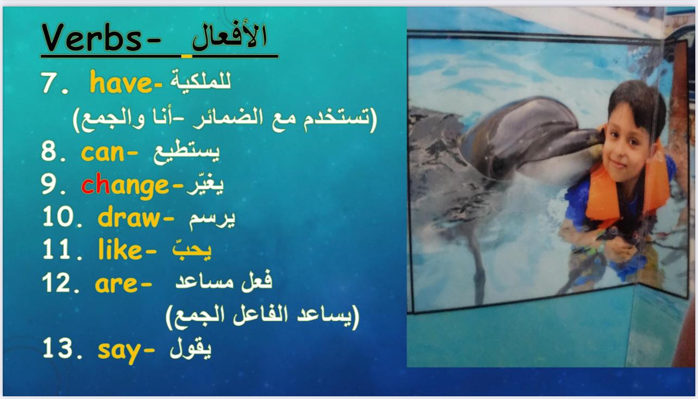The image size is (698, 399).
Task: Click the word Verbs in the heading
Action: [x=92, y=38]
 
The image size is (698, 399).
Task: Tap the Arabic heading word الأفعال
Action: [x=229, y=36]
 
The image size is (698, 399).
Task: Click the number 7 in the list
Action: [x=48, y=83]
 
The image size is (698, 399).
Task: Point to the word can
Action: [x=103, y=153]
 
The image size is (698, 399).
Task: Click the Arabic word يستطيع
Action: [x=186, y=151]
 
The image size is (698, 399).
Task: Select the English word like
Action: [x=120, y=249]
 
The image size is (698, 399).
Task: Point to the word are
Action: [x=116, y=284]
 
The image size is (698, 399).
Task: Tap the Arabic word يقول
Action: [x=190, y=348]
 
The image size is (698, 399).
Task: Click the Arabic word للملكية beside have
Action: [x=200, y=81]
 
